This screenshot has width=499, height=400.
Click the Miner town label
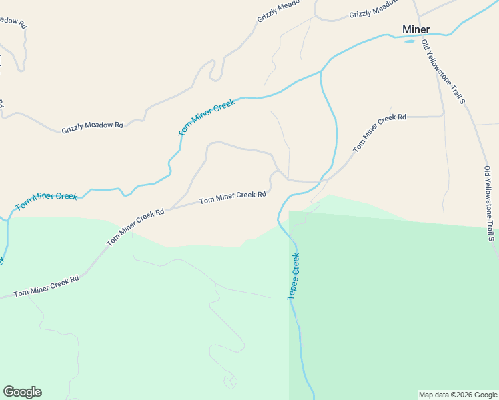(x=416, y=29)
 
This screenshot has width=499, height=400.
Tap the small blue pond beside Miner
(x=410, y=40)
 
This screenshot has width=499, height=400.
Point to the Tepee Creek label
(x=294, y=275)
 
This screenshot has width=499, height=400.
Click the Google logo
(x=22, y=392)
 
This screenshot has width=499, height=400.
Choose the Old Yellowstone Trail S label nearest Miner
(x=442, y=72)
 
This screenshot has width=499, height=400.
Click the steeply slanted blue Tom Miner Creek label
(x=207, y=118)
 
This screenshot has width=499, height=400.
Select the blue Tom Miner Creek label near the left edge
(x=47, y=200)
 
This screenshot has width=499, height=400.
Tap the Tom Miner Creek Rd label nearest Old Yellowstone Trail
(x=379, y=133)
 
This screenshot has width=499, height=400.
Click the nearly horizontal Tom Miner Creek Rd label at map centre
(x=233, y=197)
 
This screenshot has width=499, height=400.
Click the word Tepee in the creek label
(x=292, y=286)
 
